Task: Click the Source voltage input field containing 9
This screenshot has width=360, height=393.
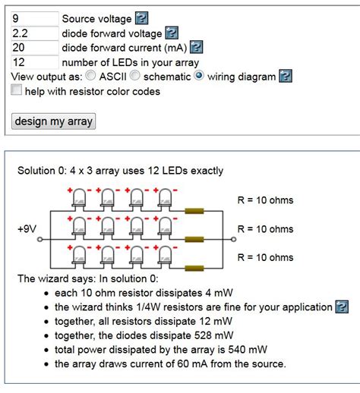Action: point(35,18)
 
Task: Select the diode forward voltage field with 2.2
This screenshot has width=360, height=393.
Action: point(35,33)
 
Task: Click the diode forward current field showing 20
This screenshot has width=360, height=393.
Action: point(35,48)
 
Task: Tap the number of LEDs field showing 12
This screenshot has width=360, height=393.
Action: point(35,62)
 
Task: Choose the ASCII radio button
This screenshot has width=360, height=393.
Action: point(90,75)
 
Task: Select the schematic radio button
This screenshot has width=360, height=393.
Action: point(135,75)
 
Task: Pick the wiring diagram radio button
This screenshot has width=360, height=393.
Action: point(199,75)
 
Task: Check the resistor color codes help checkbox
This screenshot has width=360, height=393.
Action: point(16,90)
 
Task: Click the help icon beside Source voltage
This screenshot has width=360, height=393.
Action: point(141,18)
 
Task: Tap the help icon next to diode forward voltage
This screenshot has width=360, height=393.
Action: point(172,33)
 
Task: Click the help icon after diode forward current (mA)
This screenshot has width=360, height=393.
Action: point(197,47)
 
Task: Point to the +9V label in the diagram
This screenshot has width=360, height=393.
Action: point(27,229)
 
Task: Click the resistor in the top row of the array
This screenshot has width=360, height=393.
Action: point(194,211)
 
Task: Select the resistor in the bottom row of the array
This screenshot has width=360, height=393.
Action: point(194,268)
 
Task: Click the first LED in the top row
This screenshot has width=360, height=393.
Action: point(79,198)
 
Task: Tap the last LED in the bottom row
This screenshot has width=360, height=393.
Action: point(165,256)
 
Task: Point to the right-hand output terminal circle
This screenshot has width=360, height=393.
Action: point(234,239)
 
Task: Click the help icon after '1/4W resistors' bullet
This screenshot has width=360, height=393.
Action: point(342,307)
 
